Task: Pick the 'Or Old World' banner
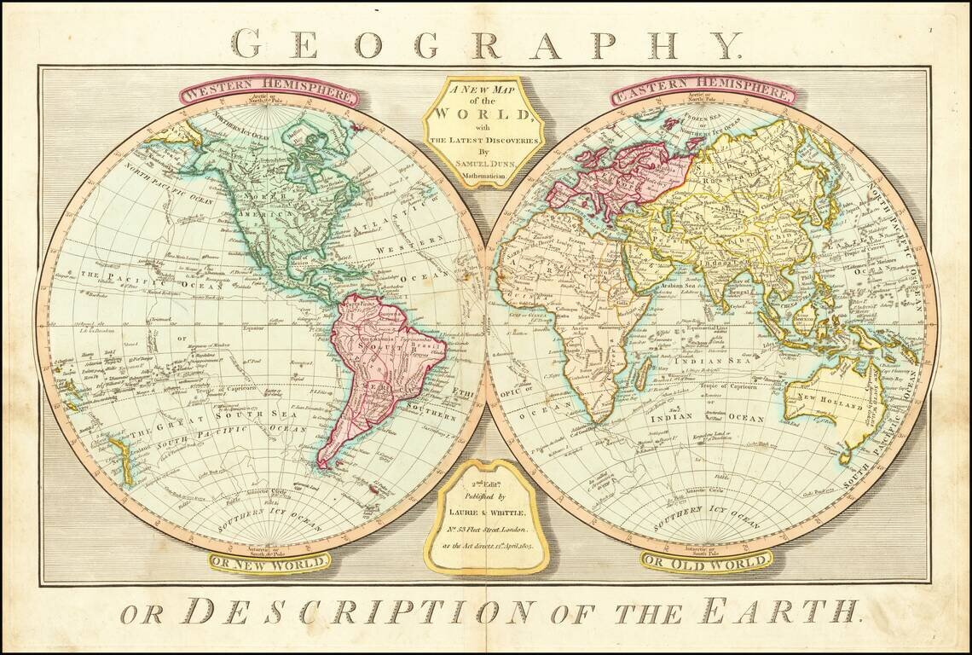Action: tap(706, 561)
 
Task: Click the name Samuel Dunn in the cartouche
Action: tap(483, 162)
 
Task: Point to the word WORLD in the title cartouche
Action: tap(483, 113)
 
